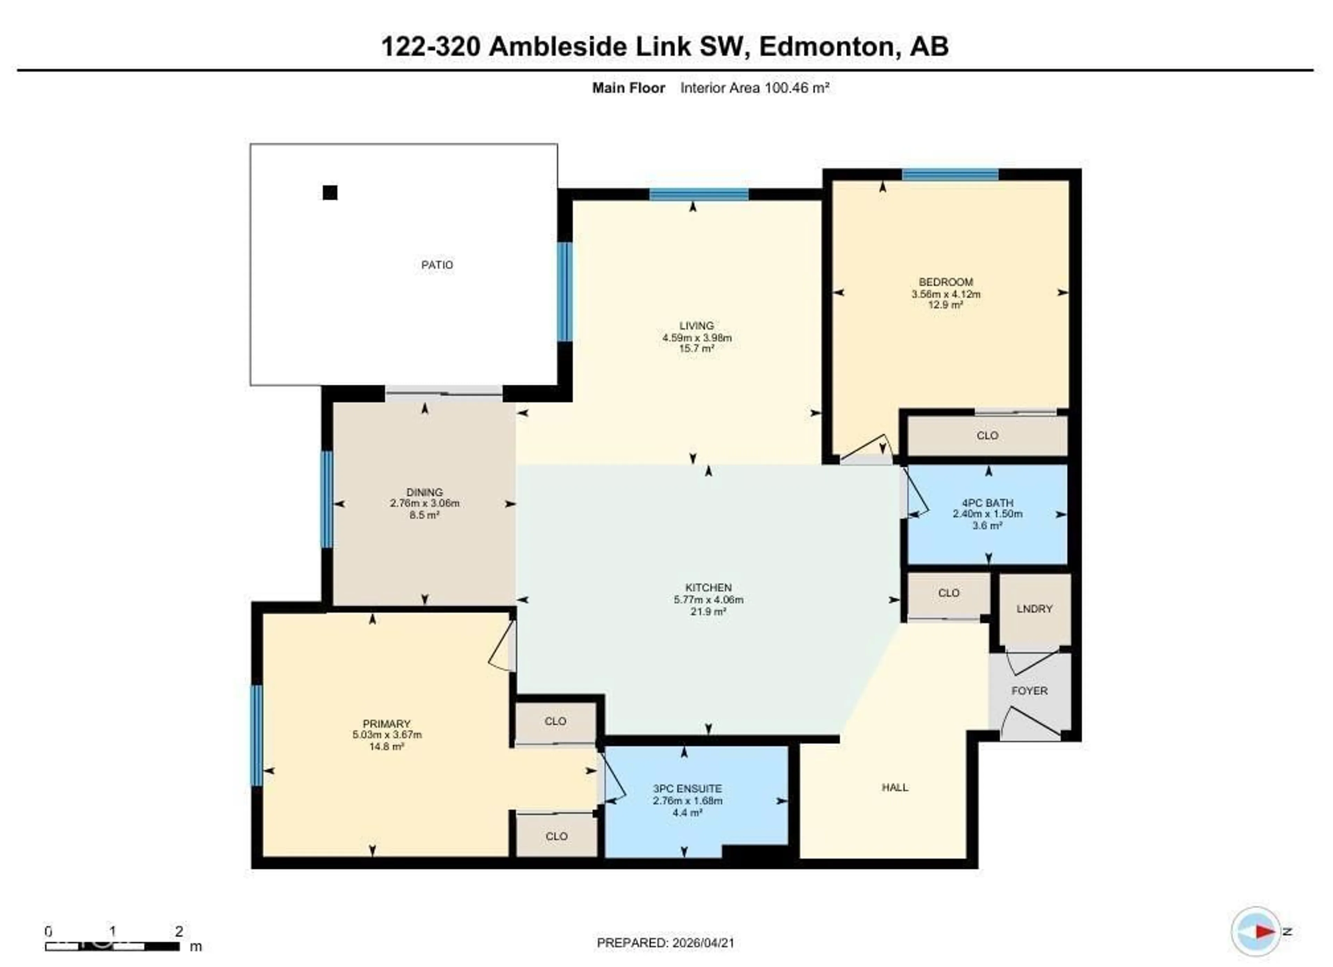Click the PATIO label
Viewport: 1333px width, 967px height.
pos(437,265)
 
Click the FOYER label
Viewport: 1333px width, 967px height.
pos(1029,691)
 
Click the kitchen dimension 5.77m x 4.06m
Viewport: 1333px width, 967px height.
pos(708,600)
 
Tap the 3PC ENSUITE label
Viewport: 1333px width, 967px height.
pos(687,789)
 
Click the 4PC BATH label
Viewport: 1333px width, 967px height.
pos(987,503)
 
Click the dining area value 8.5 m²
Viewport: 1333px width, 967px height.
pos(424,515)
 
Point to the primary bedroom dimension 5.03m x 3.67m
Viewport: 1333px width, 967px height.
pos(387,735)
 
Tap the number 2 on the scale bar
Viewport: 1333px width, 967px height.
pos(179,931)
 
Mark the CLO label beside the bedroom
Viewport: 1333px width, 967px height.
pos(987,436)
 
